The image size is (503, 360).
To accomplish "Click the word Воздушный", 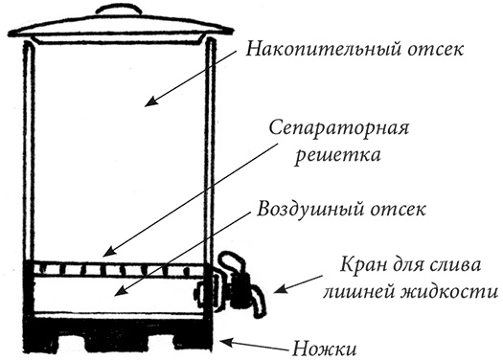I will click(x=308, y=209).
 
